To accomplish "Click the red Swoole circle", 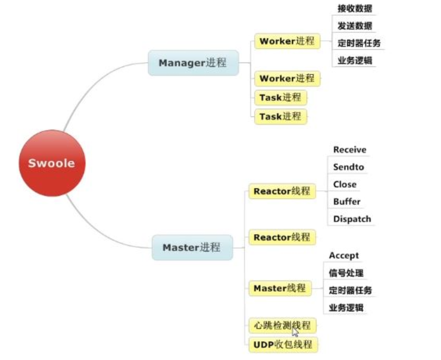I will (x=52, y=163).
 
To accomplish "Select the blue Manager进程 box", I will (x=193, y=63).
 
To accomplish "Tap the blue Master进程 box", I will (x=192, y=247).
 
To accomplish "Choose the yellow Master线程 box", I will (x=280, y=288).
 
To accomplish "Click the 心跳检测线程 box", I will (x=282, y=326).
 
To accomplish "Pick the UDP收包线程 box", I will (x=283, y=345).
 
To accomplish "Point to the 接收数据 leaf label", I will (x=354, y=8).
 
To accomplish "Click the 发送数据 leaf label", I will (x=354, y=26).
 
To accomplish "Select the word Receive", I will (x=349, y=150).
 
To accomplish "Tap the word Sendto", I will (x=348, y=167).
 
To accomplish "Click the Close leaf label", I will (x=344, y=184).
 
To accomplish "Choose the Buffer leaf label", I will (x=347, y=202).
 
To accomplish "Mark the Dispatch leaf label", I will (x=352, y=219).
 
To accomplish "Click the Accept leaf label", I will (x=344, y=256).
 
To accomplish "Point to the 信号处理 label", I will (x=346, y=273).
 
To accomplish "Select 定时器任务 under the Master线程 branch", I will (x=350, y=290).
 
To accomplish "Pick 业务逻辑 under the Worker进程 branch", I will (x=354, y=60).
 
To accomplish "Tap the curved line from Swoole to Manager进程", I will (x=91, y=87).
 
